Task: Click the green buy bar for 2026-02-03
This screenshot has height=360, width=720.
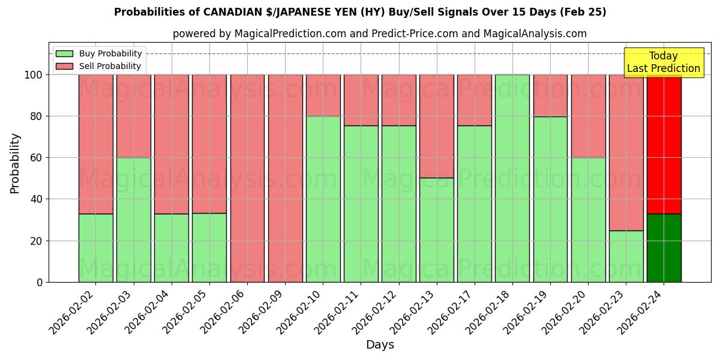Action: (x=133, y=220)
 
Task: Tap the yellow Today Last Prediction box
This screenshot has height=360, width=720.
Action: (x=663, y=62)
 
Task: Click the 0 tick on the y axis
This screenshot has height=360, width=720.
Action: (x=40, y=282)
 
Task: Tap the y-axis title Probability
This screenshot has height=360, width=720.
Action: (x=15, y=163)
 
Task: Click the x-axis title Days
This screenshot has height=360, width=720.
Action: (x=380, y=345)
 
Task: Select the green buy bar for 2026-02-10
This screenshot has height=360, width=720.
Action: (x=323, y=199)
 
